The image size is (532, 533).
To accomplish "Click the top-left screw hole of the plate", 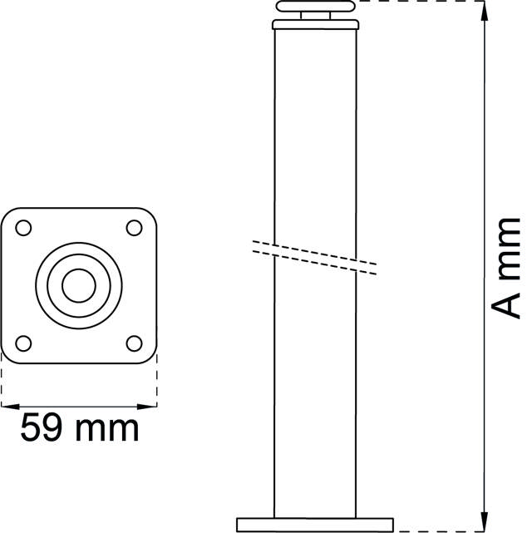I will (x=24, y=227).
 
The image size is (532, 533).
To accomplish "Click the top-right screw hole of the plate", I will (x=133, y=227).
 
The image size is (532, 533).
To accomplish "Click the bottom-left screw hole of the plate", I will (x=24, y=341).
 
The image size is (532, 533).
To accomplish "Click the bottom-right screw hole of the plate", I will (x=133, y=341).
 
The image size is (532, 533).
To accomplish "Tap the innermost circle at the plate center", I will (x=79, y=284).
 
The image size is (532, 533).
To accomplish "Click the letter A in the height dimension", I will (x=505, y=304).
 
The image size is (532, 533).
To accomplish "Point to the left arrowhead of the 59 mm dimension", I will (x=7, y=406).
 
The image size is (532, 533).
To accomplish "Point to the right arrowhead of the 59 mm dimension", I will (x=151, y=406).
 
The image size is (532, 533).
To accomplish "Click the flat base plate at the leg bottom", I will (x=316, y=524).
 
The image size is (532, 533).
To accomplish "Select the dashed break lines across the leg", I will (x=316, y=257).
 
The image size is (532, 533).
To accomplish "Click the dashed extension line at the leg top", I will (x=420, y=2).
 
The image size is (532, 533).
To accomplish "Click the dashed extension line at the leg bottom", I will (x=441, y=531).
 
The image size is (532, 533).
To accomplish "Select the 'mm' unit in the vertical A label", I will (x=505, y=249).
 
